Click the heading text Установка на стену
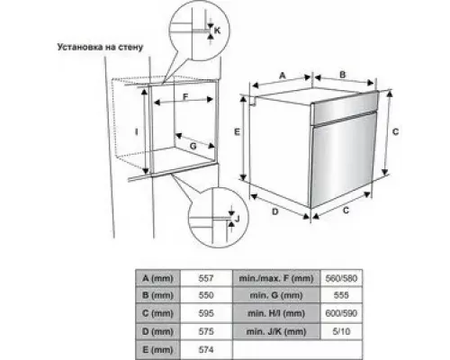pos(100,47)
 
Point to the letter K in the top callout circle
pos(218,31)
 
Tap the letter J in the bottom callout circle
pos(238,219)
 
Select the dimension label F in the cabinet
pos(185,97)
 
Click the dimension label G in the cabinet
pos(193,146)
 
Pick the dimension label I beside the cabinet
pos(137,131)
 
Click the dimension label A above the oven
pos(283,76)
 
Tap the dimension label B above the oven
pos(342,75)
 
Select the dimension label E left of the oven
pos(237,131)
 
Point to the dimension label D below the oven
pos(275,211)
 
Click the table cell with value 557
pos(206,278)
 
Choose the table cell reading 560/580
pos(341,278)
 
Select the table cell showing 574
pos(206,350)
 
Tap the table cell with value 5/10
pos(341,331)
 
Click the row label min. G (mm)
pos(276,295)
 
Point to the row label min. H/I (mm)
pos(276,313)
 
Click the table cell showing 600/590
pos(341,313)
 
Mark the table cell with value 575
pos(206,331)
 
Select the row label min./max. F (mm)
pos(276,278)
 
